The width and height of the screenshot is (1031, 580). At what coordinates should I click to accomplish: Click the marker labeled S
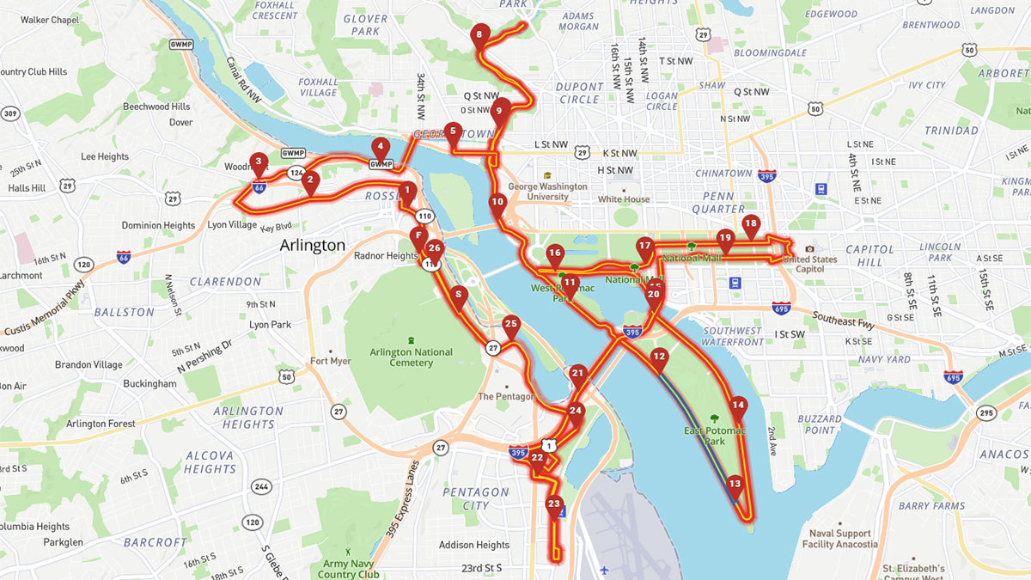(459, 295)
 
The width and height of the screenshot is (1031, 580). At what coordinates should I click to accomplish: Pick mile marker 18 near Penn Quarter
(751, 224)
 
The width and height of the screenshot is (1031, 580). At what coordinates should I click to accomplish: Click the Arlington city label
(312, 246)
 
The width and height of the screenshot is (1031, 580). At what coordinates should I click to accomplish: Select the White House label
(624, 199)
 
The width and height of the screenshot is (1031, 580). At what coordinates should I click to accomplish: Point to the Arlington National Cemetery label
(412, 357)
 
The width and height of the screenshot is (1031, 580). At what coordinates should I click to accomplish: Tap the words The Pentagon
(509, 396)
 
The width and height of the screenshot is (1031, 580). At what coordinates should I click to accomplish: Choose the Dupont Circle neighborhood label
(579, 93)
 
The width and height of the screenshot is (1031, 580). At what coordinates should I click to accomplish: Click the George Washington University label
(547, 191)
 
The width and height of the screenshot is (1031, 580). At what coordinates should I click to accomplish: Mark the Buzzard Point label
(820, 424)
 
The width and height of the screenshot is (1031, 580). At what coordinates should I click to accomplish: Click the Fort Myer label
(329, 361)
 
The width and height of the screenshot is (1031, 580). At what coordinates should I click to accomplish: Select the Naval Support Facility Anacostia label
(839, 538)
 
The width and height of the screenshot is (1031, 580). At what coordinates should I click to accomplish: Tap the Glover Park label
(365, 24)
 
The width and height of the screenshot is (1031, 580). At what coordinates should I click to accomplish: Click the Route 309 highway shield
(10, 113)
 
